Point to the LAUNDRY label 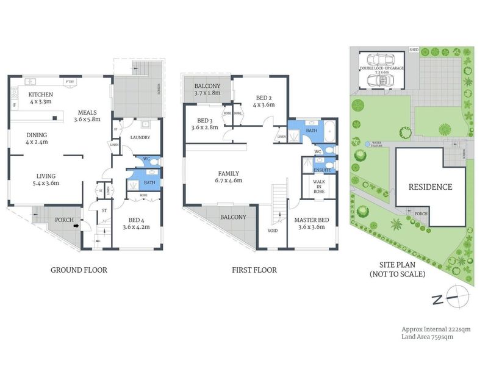click(140, 138)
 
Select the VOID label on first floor click(272, 231)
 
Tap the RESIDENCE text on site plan click(430, 187)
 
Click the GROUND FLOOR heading click(78, 270)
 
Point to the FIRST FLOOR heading click(254, 270)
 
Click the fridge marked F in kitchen click(14, 105)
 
